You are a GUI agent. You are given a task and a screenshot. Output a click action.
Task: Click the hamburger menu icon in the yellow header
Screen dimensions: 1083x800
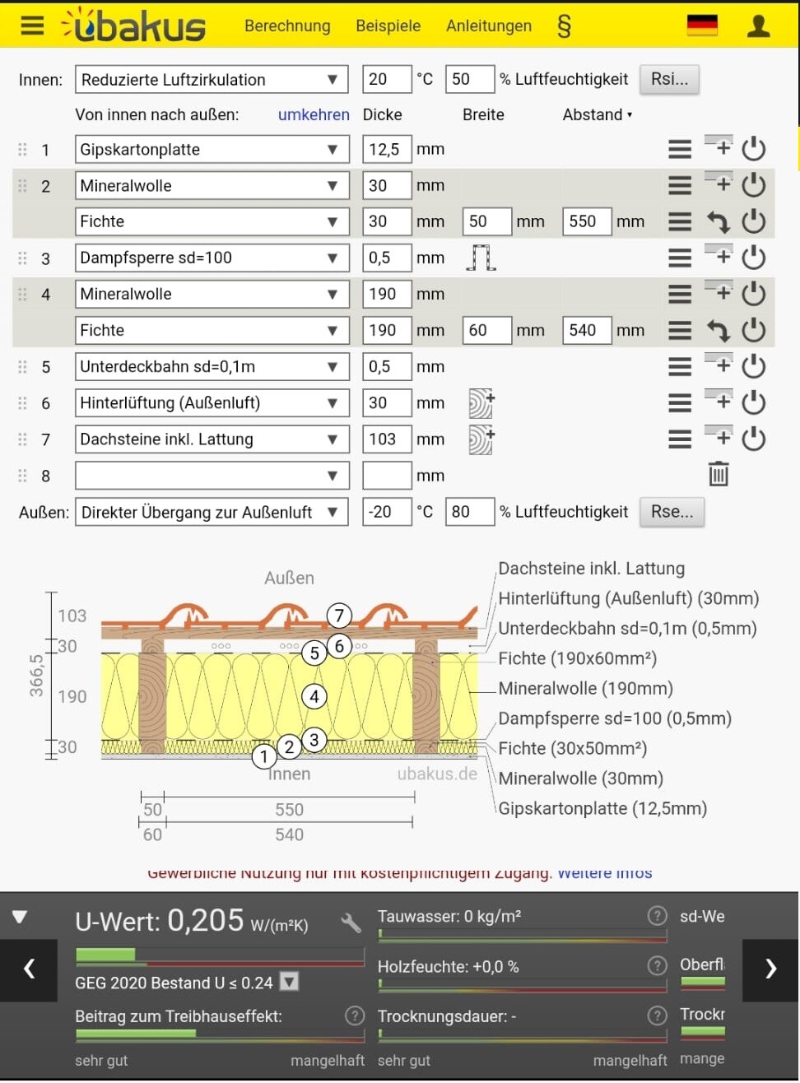(x=32, y=26)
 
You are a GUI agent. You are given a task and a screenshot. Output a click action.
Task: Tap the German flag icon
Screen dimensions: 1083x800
(x=702, y=26)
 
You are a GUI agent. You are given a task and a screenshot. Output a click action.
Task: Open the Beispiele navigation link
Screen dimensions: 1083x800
(x=388, y=26)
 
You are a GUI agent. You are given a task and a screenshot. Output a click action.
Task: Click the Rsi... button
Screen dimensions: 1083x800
(x=668, y=79)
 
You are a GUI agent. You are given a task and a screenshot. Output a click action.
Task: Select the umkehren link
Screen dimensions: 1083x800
(x=314, y=115)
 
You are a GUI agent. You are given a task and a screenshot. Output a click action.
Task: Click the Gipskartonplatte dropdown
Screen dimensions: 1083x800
(x=212, y=150)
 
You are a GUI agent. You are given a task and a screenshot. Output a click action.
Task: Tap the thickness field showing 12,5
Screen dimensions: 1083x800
(x=386, y=150)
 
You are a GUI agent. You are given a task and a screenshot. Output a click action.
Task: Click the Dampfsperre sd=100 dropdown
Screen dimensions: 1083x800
(x=212, y=258)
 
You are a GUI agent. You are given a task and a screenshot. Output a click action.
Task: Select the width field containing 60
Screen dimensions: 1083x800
(x=486, y=331)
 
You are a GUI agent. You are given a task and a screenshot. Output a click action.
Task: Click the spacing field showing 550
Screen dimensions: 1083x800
(x=586, y=221)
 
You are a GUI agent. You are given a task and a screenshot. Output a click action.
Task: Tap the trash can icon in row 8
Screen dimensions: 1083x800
(x=719, y=474)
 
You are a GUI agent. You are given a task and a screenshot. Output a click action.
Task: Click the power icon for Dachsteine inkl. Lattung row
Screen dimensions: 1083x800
(x=753, y=439)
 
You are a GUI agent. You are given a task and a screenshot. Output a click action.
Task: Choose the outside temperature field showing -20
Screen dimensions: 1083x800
(x=386, y=512)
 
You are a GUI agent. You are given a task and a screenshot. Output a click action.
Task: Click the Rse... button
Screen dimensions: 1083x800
(x=672, y=512)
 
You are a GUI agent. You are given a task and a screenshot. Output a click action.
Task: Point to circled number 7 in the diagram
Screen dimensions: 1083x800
(x=339, y=616)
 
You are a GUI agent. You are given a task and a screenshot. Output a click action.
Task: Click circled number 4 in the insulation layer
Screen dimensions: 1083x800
(x=314, y=697)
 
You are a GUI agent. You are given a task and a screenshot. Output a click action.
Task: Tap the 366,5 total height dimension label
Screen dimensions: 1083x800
(x=36, y=675)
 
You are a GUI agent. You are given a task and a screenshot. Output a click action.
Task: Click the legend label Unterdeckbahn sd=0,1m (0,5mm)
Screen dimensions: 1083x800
(x=627, y=629)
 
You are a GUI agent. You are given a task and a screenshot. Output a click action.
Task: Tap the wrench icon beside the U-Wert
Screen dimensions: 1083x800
(x=351, y=923)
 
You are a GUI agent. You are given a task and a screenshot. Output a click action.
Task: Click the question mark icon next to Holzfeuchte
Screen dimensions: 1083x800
(x=657, y=965)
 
